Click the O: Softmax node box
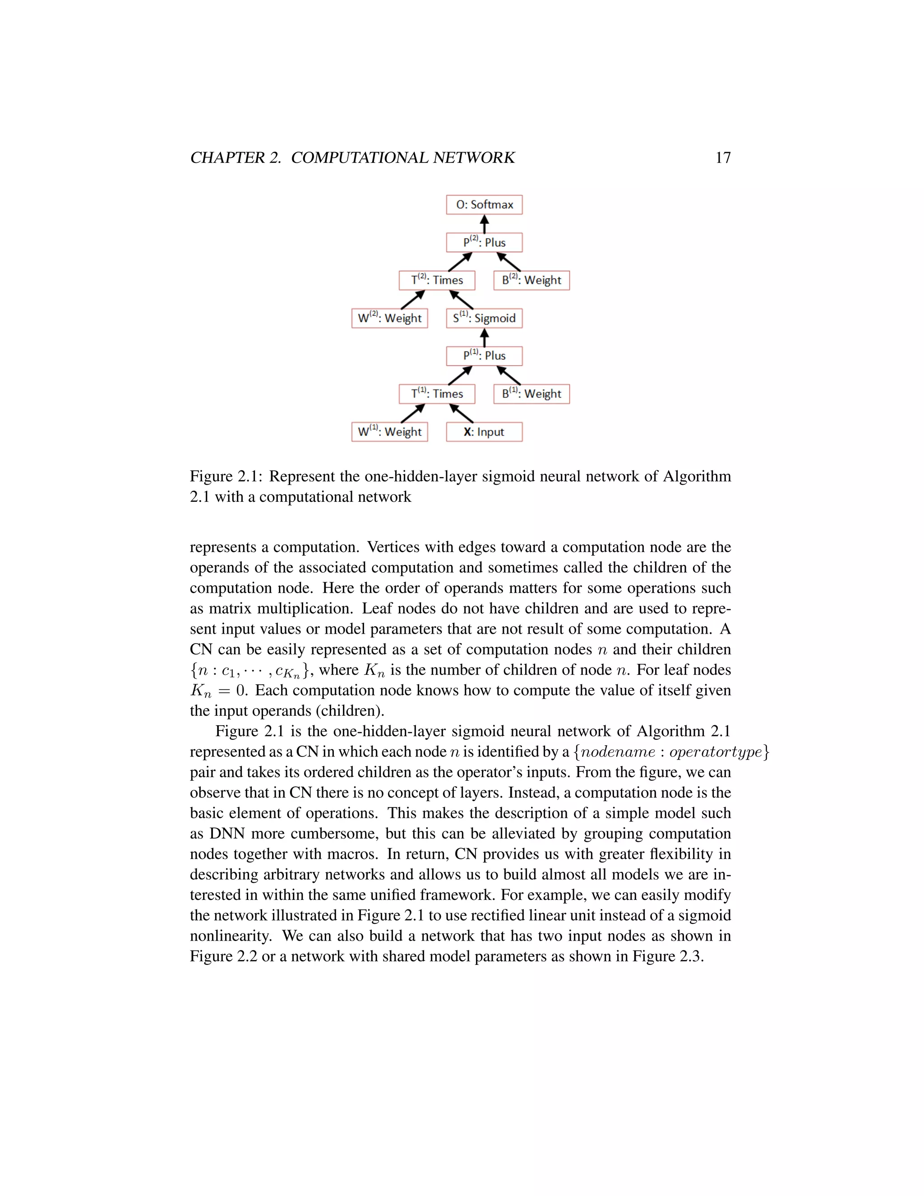pyautogui.click(x=484, y=205)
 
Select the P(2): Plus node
pyautogui.click(x=484, y=243)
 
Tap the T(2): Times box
pyautogui.click(x=437, y=280)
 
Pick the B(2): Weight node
pyautogui.click(x=531, y=280)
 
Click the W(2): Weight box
pyautogui.click(x=389, y=318)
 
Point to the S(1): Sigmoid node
pyautogui.click(x=484, y=318)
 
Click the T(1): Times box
pyautogui.click(x=437, y=394)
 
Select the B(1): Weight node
pyautogui.click(x=531, y=394)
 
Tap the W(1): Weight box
pyautogui.click(x=389, y=431)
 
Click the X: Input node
pyautogui.click(x=484, y=431)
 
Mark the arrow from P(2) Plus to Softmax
pyautogui.click(x=484, y=224)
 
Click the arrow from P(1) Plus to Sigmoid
pyautogui.click(x=484, y=337)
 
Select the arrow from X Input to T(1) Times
pyautogui.click(x=461, y=413)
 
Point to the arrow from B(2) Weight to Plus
pyautogui.click(x=508, y=262)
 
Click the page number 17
pyautogui.click(x=723, y=158)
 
